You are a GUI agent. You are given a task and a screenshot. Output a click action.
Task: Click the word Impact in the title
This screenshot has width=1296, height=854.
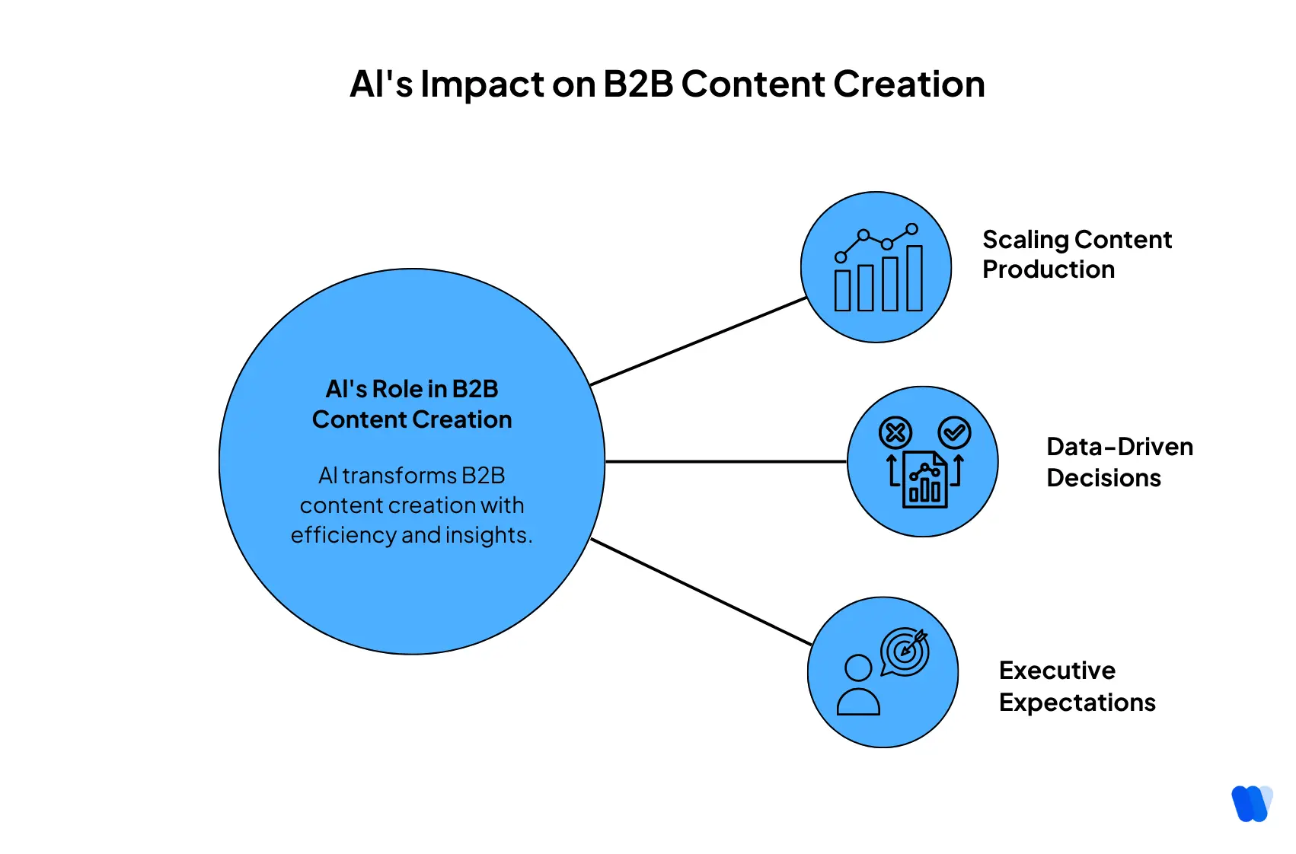pyautogui.click(x=483, y=85)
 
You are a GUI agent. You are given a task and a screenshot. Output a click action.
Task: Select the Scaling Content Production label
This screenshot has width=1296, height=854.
pyautogui.click(x=1076, y=254)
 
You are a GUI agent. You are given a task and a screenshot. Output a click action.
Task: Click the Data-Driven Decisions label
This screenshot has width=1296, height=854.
pyautogui.click(x=1119, y=462)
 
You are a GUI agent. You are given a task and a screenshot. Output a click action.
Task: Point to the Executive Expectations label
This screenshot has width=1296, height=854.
pyautogui.click(x=1076, y=686)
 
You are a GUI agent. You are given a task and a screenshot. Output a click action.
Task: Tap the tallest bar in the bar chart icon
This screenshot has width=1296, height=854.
pyautogui.click(x=914, y=278)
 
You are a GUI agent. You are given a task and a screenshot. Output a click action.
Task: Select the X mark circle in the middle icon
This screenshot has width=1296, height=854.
pyautogui.click(x=895, y=433)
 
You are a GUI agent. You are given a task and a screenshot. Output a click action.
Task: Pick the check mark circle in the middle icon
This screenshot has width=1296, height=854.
pyautogui.click(x=954, y=433)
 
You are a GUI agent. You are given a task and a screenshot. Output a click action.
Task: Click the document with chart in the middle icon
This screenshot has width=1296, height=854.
pyautogui.click(x=924, y=480)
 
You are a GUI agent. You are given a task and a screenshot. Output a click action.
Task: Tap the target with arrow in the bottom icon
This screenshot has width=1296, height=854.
pyautogui.click(x=905, y=652)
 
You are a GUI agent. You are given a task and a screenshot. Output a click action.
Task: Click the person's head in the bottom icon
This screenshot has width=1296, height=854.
pyautogui.click(x=858, y=668)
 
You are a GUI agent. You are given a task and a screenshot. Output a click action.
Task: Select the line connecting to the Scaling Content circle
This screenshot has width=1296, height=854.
pyautogui.click(x=697, y=342)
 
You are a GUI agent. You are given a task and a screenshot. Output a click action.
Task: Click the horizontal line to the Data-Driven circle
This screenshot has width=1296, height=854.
pyautogui.click(x=725, y=461)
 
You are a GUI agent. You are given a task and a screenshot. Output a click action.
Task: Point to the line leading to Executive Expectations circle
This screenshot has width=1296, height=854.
pyautogui.click(x=701, y=592)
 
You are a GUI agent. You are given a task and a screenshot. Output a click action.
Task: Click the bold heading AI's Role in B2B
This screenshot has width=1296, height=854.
pyautogui.click(x=411, y=389)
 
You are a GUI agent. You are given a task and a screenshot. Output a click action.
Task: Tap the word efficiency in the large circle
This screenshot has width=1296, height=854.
pyautogui.click(x=343, y=535)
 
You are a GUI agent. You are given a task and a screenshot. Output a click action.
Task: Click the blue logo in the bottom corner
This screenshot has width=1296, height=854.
pyautogui.click(x=1251, y=803)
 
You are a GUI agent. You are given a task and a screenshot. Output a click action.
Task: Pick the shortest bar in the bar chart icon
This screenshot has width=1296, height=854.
pyautogui.click(x=842, y=290)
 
